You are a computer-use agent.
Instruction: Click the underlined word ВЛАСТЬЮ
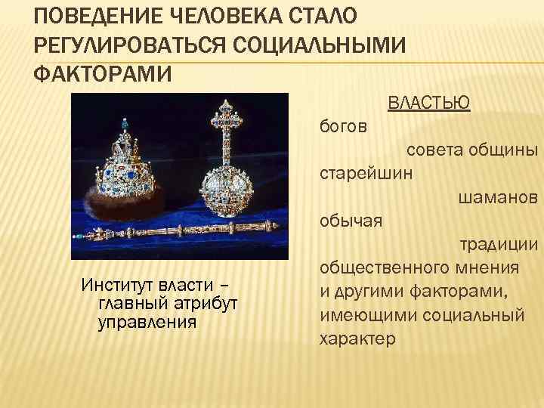pyautogui.click(x=429, y=102)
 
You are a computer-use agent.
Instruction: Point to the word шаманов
pyautogui.click(x=497, y=199)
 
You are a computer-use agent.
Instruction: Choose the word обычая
pyautogui.click(x=350, y=223)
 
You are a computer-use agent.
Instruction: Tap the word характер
pyautogui.click(x=357, y=338)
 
